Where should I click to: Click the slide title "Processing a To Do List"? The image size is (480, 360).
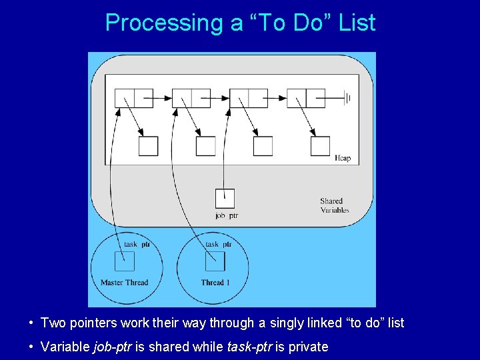point(240,23)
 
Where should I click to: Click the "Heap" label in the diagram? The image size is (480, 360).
point(342,158)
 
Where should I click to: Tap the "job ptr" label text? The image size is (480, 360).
point(227,215)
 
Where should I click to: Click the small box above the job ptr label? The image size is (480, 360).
point(225,199)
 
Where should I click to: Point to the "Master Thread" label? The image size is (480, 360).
point(124,282)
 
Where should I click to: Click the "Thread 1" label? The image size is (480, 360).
point(215,282)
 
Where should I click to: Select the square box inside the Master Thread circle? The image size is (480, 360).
point(125,261)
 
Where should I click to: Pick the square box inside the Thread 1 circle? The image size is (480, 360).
point(215,261)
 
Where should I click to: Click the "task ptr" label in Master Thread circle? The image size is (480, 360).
point(137,244)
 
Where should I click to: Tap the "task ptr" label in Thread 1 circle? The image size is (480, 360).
point(218,244)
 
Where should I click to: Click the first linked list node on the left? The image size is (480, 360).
point(134,98)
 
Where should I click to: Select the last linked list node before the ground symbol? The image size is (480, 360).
point(305,98)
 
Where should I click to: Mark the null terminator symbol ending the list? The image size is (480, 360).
point(347,98)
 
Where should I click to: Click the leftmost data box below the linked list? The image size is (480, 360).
point(149,146)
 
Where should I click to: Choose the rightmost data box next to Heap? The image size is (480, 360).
point(320,146)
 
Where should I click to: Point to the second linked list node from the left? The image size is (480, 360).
point(191,98)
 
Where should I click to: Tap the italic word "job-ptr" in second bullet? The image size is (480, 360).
point(111,347)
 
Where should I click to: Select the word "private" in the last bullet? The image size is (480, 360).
point(307,347)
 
